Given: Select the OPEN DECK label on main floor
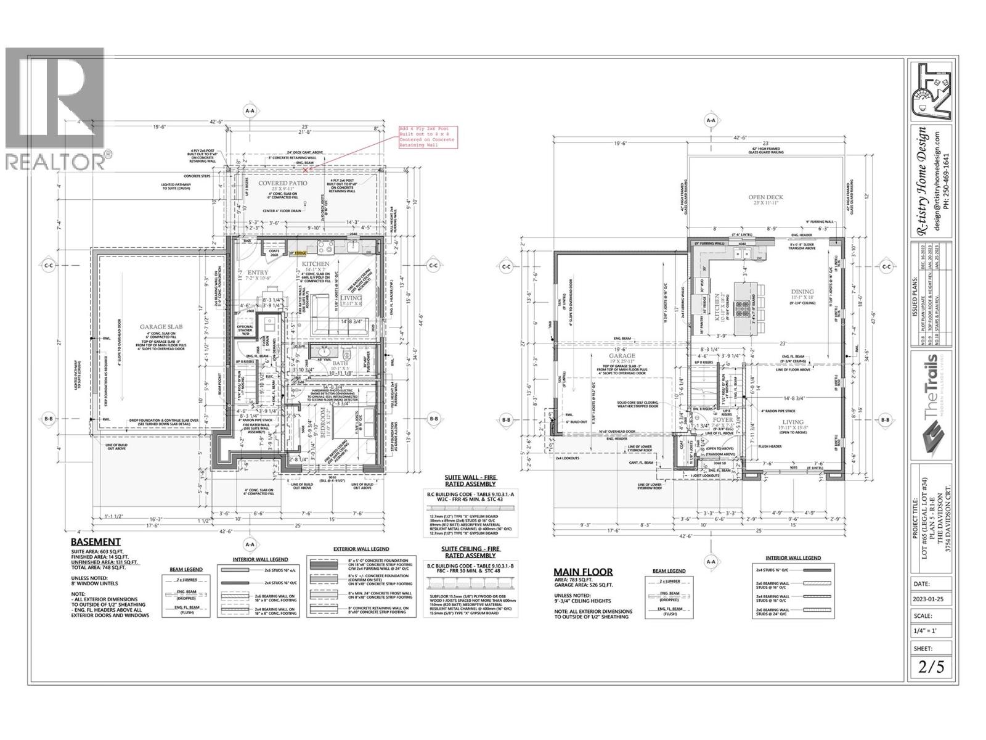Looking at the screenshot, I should [x=765, y=198].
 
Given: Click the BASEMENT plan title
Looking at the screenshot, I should [x=95, y=542].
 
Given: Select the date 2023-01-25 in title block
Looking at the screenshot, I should [x=932, y=598].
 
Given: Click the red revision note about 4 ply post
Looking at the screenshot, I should [x=427, y=138].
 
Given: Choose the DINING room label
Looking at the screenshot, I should [x=802, y=292].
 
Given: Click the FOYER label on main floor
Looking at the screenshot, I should [x=706, y=420].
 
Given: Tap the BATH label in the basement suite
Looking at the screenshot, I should [x=340, y=364].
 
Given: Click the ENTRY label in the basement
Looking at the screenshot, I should [x=258, y=273].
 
